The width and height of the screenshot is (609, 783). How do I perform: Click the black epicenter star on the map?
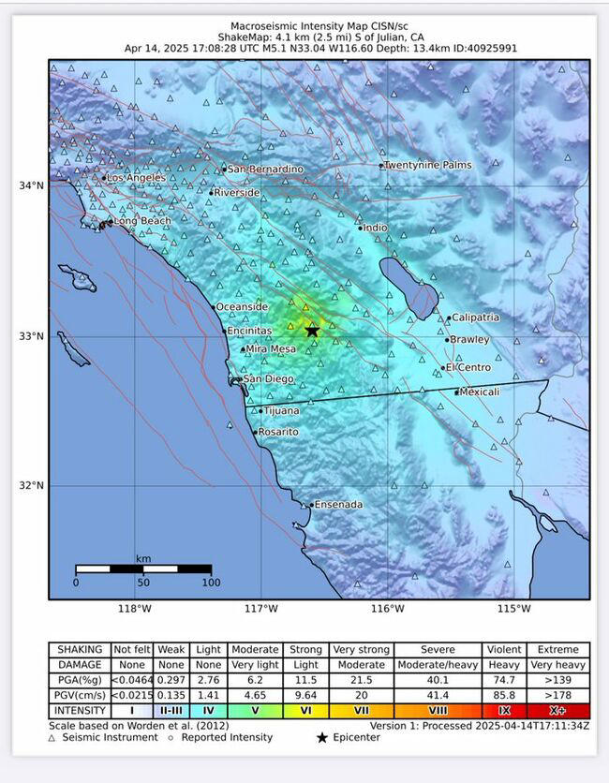click(312, 331)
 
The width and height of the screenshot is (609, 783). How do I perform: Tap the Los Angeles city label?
click(136, 178)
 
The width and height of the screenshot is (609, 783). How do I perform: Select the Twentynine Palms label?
click(428, 165)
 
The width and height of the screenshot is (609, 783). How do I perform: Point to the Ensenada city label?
click(338, 505)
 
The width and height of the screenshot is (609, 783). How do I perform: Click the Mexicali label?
click(481, 391)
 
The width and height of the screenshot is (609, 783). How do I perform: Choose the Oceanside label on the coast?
click(243, 306)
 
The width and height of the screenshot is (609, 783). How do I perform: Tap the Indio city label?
click(375, 228)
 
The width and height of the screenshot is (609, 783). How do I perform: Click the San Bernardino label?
click(265, 169)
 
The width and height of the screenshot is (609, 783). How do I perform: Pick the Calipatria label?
click(475, 318)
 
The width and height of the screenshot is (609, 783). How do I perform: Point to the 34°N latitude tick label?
click(32, 185)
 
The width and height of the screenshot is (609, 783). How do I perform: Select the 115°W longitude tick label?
click(513, 609)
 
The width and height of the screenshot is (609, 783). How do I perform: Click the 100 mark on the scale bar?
click(211, 583)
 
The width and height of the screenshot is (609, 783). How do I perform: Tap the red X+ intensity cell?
click(558, 711)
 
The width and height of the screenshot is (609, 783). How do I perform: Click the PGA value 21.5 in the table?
click(361, 680)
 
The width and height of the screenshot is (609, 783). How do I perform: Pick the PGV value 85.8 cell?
click(504, 695)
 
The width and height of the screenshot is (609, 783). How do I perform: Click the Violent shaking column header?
click(504, 649)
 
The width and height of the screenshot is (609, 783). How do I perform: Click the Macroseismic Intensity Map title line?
click(319, 26)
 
